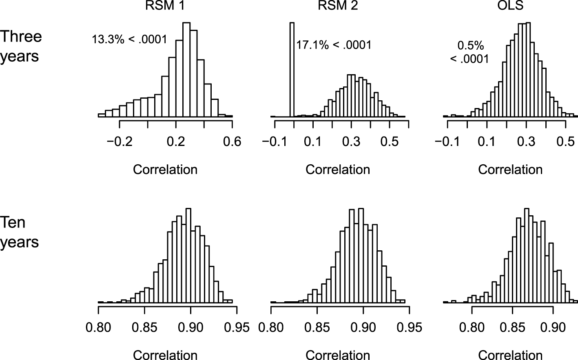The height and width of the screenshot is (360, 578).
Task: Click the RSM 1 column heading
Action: [165, 5]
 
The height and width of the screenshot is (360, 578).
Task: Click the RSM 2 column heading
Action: [338, 5]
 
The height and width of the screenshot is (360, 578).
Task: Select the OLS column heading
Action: [510, 5]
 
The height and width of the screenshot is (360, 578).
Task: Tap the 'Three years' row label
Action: [20, 46]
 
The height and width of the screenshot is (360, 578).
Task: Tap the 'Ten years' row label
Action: [19, 232]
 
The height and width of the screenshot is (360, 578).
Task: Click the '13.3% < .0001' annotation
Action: [129, 40]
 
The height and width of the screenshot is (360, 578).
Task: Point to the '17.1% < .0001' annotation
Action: [334, 45]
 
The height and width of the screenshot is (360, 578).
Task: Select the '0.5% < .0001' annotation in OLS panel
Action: [470, 52]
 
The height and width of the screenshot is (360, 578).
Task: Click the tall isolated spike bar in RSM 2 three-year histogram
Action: [292, 69]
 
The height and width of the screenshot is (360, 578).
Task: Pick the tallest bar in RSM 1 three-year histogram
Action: [186, 69]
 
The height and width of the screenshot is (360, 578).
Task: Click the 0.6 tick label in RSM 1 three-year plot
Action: [232, 141]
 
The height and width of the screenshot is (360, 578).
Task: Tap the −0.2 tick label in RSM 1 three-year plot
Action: [119, 141]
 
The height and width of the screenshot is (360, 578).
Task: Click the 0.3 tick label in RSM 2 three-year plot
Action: [351, 141]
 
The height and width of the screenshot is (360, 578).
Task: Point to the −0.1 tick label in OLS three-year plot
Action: [447, 141]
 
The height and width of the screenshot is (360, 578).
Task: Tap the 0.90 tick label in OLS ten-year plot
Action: [553, 328]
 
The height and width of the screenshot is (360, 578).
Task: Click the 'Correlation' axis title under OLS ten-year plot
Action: [510, 355]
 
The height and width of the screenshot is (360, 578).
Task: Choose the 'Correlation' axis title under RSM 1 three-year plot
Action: [165, 169]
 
